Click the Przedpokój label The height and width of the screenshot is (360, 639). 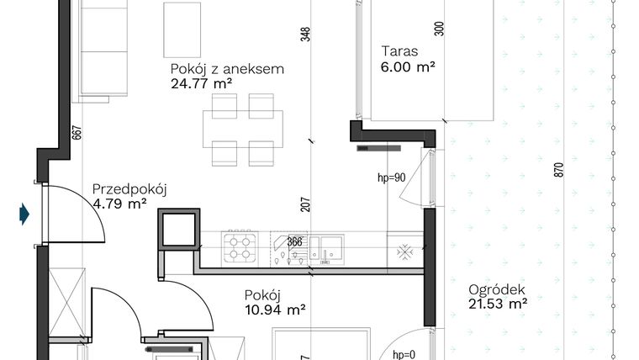coord(130,188)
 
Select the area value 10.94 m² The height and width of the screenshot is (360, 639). coord(274,310)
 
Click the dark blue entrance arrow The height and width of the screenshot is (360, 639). coord(24,214)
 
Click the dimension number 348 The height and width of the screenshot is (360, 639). coord(306,34)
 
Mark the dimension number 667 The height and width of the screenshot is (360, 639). coord(77,133)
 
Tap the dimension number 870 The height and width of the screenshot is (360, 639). coord(558,168)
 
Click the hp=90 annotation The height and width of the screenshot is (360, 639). coord(391,177)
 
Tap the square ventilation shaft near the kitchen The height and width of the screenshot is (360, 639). coord(178,230)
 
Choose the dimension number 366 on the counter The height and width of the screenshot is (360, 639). coord(294,241)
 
